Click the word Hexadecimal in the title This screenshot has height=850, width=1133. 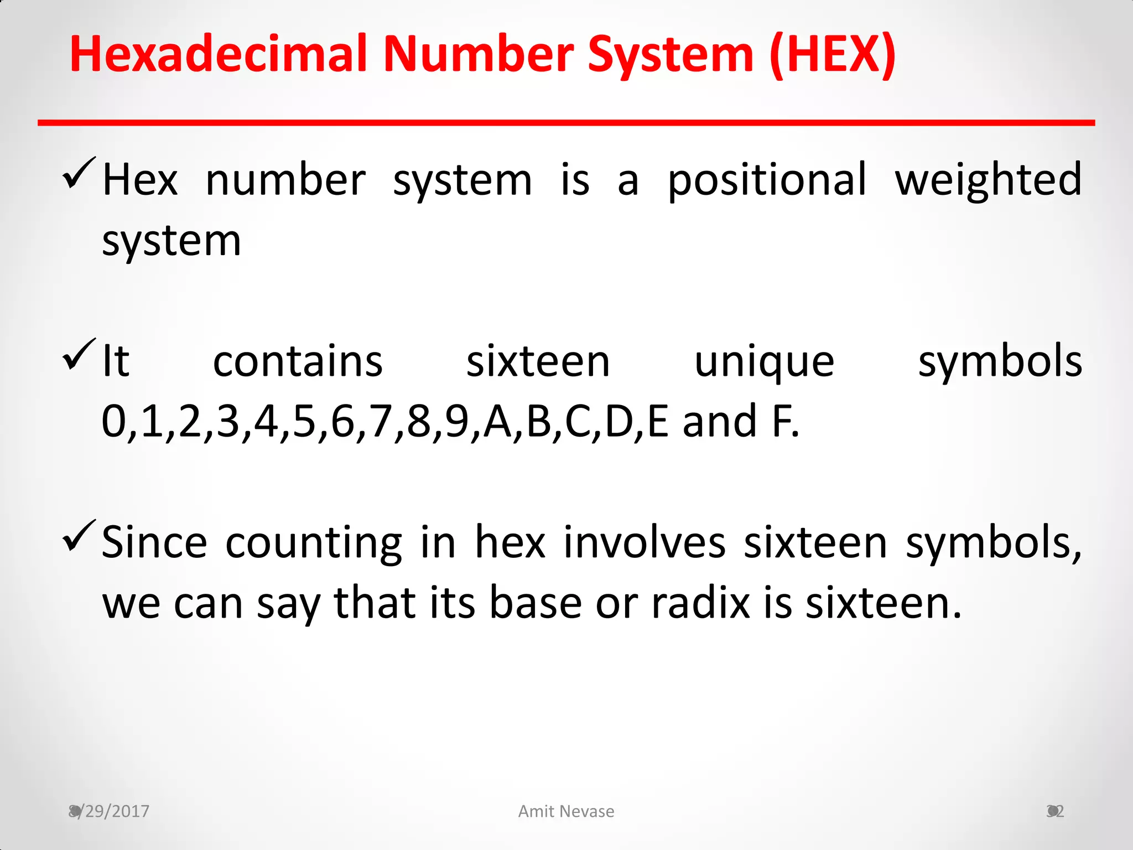point(219,54)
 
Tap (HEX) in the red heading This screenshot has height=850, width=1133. point(832,54)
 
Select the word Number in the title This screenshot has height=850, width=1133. point(479,54)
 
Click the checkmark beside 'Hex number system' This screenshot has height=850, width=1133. point(79,173)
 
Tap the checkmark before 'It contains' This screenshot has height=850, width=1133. point(79,355)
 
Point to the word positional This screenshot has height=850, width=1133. point(767,180)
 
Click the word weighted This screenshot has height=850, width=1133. point(988,180)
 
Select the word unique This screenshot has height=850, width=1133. point(764,362)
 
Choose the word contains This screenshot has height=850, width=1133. point(298,362)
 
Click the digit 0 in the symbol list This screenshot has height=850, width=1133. point(114,422)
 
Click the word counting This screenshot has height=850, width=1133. point(314,543)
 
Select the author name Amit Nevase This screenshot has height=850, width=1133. point(566,811)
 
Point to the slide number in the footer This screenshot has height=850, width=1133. point(1055,811)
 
